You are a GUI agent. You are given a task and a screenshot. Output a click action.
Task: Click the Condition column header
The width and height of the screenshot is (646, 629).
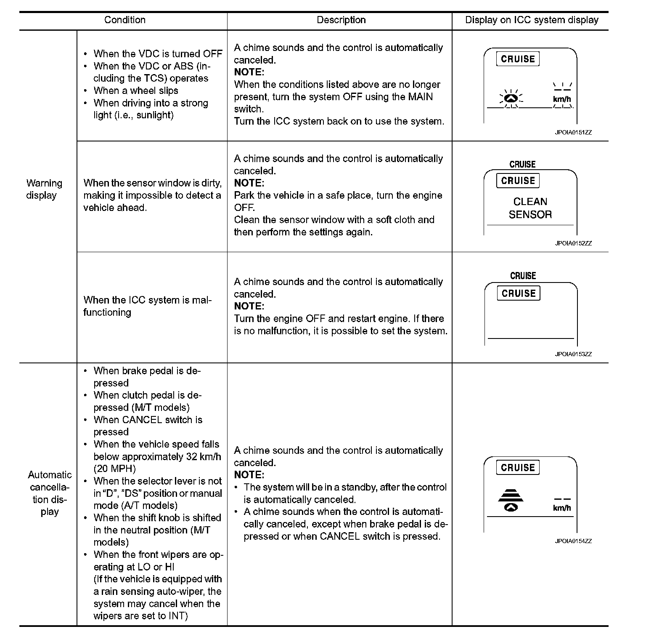(x=124, y=20)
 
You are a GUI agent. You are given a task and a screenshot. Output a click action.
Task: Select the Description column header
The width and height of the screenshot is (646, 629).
(x=341, y=20)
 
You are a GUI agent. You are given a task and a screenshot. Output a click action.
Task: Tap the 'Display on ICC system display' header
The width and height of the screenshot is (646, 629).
(x=532, y=20)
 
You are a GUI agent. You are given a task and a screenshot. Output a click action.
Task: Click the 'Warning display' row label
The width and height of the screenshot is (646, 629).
(x=44, y=189)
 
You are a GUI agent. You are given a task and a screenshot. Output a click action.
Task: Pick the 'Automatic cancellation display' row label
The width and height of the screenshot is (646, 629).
(x=50, y=493)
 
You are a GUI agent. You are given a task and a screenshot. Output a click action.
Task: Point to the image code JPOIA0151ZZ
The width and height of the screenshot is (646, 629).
(x=573, y=132)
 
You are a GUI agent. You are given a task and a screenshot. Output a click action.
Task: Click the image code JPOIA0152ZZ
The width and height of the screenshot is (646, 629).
(x=573, y=243)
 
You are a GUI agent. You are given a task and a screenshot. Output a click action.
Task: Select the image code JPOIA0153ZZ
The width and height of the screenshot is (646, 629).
(x=573, y=354)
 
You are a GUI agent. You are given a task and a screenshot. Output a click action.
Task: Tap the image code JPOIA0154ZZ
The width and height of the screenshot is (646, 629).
(x=573, y=541)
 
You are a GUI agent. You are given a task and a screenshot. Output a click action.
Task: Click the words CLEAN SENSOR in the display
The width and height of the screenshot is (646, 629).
(x=530, y=208)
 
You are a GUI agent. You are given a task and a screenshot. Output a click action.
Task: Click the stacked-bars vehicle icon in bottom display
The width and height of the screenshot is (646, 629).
(x=511, y=500)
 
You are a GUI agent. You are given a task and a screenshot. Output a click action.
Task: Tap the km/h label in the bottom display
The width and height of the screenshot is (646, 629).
(x=562, y=508)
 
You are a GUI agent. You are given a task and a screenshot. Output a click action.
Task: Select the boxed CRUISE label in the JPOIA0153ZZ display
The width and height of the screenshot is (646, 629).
(x=519, y=293)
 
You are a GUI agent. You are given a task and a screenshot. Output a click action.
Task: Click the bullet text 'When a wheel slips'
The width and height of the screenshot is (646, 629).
(x=136, y=91)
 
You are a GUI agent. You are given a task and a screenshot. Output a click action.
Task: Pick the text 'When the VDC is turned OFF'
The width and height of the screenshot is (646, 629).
(x=158, y=54)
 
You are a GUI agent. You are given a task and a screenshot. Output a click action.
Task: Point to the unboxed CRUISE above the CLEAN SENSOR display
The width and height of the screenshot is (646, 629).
(x=522, y=164)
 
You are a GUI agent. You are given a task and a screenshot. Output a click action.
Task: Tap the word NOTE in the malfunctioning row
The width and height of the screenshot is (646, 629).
(x=249, y=306)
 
